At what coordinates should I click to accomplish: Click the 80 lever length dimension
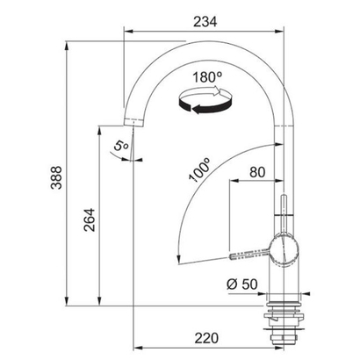tap(257, 172)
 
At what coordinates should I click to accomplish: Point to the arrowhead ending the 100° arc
tap(178, 261)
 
